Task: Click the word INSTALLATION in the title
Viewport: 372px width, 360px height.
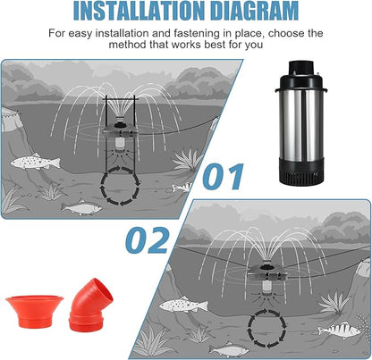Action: click(134, 12)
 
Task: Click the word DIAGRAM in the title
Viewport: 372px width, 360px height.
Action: click(249, 12)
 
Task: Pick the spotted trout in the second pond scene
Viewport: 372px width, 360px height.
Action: click(183, 304)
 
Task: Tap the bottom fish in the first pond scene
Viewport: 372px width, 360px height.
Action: click(80, 208)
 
